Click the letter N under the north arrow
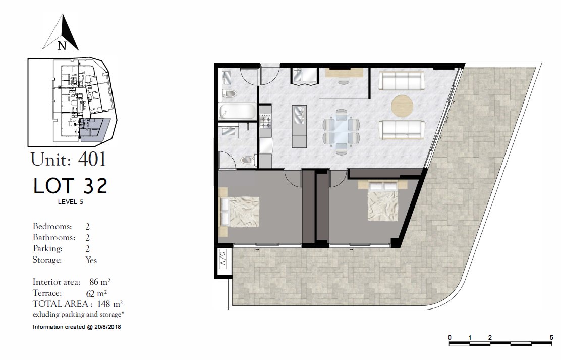[62, 46]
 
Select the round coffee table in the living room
[402, 105]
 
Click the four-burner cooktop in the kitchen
[265, 120]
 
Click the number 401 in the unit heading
[92, 160]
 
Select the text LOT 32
[70, 186]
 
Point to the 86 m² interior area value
[100, 282]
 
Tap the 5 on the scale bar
[551, 337]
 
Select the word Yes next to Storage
[91, 260]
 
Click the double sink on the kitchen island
[298, 114]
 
